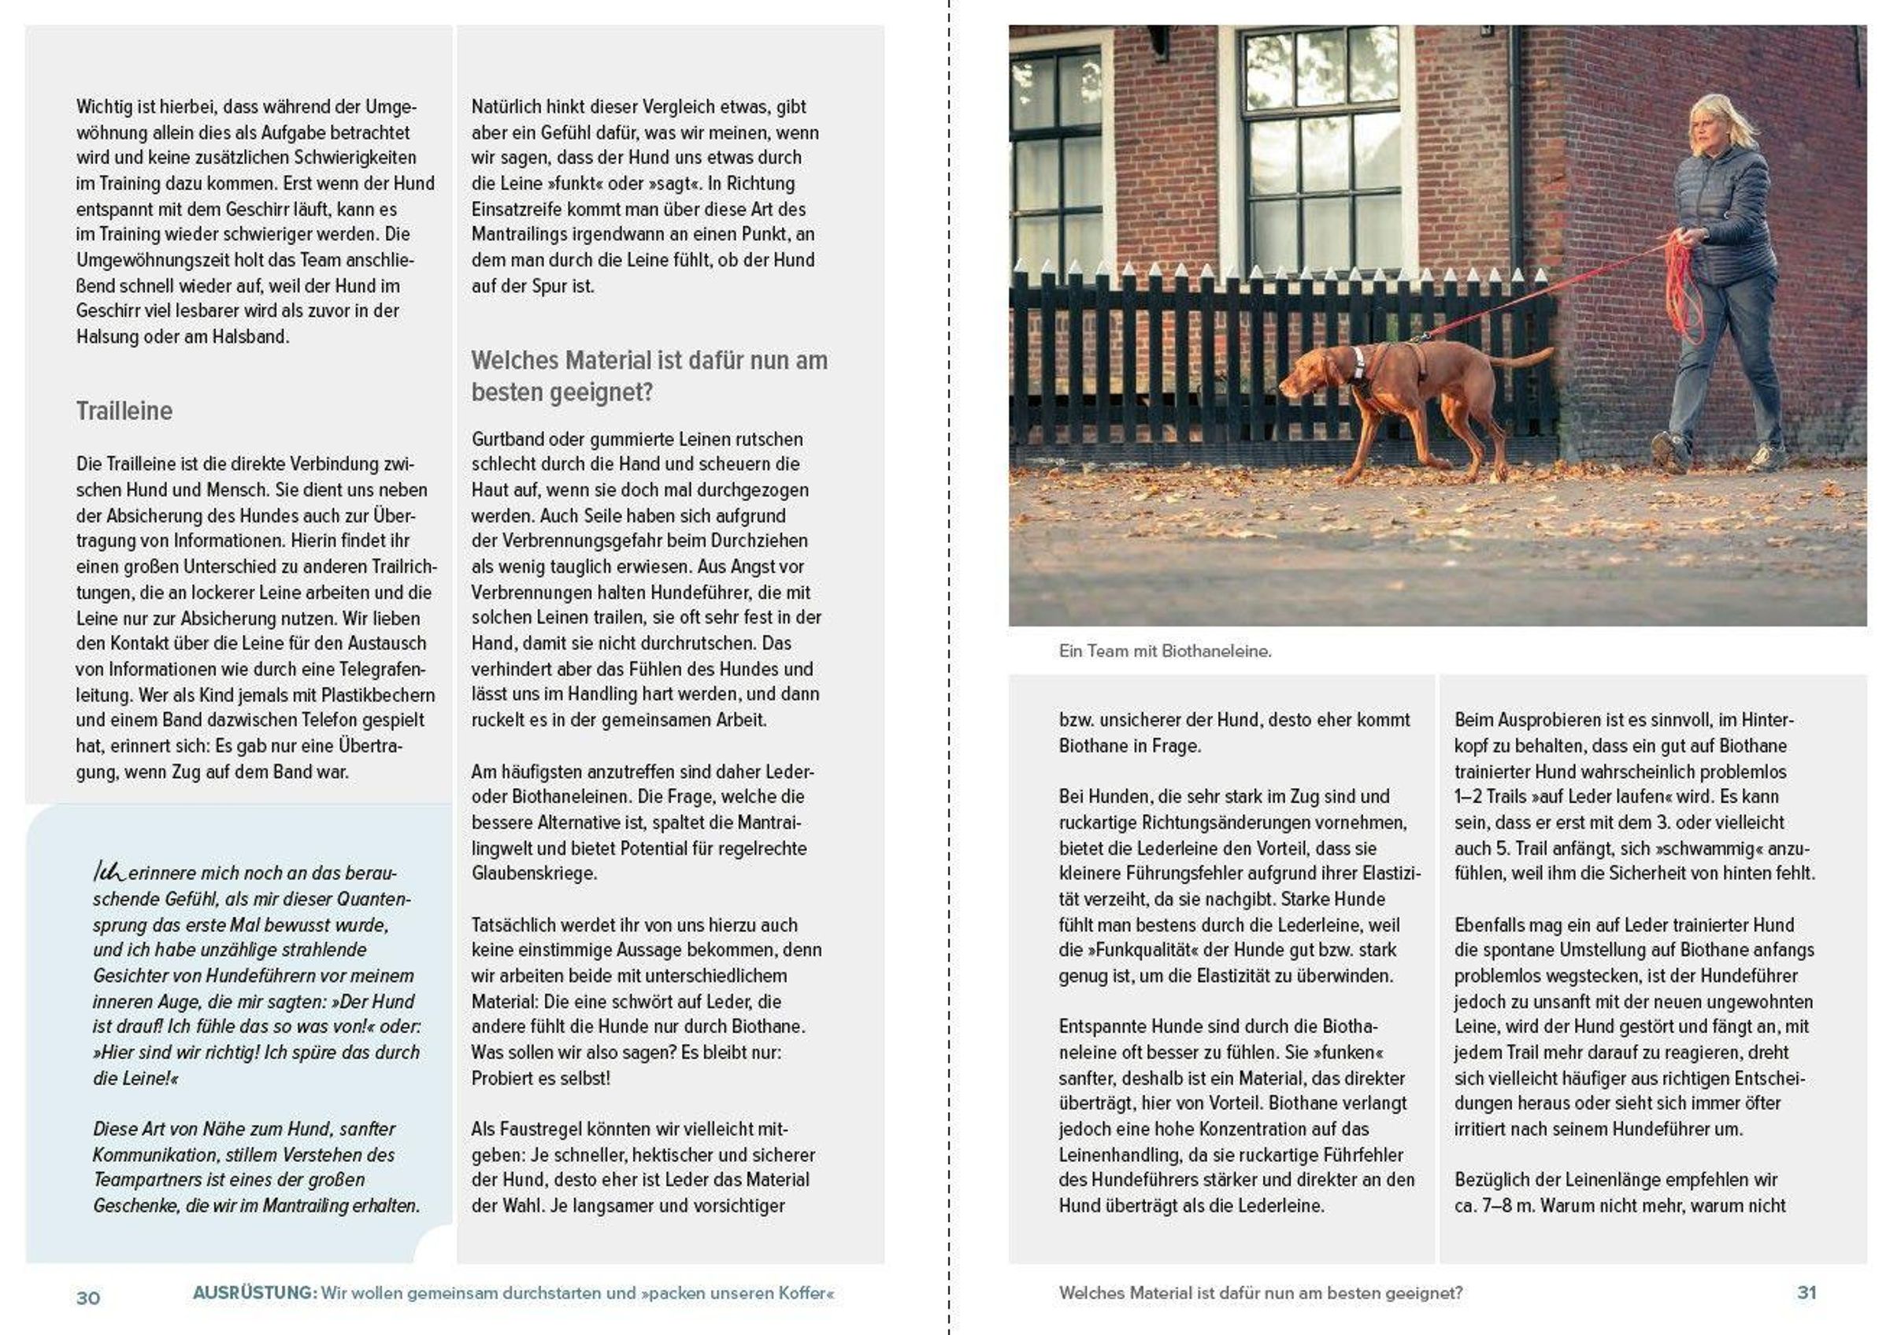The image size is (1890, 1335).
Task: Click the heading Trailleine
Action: (x=124, y=411)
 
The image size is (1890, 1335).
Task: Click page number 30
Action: (x=88, y=1298)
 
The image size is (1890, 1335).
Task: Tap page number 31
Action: (x=1806, y=1292)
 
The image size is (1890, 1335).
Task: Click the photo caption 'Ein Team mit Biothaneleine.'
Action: (x=1165, y=651)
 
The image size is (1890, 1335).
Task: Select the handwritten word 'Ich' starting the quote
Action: (x=109, y=872)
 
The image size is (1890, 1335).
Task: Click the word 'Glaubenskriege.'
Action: (x=533, y=873)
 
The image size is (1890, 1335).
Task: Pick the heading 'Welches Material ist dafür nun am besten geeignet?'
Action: (x=649, y=377)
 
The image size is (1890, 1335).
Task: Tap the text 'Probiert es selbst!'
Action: (x=541, y=1078)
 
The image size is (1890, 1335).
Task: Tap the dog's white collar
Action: (x=1358, y=364)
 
